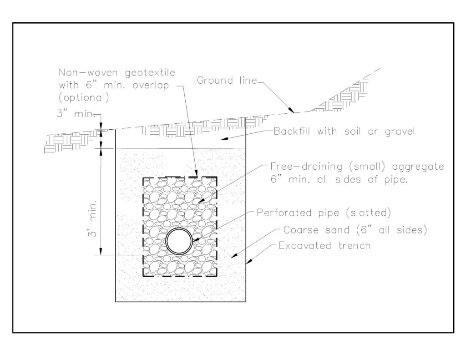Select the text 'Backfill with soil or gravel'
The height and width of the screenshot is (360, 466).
click(344, 132)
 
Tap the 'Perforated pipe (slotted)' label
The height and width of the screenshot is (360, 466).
click(324, 213)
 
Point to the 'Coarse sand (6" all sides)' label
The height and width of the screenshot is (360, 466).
click(355, 230)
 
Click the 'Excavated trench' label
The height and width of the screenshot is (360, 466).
click(324, 246)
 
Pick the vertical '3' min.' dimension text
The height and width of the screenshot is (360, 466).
click(93, 219)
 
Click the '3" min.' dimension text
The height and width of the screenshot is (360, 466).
click(76, 114)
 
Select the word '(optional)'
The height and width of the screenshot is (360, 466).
click(84, 98)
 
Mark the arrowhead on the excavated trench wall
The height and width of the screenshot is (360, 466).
click(249, 261)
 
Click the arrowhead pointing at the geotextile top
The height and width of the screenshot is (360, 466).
click(196, 173)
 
